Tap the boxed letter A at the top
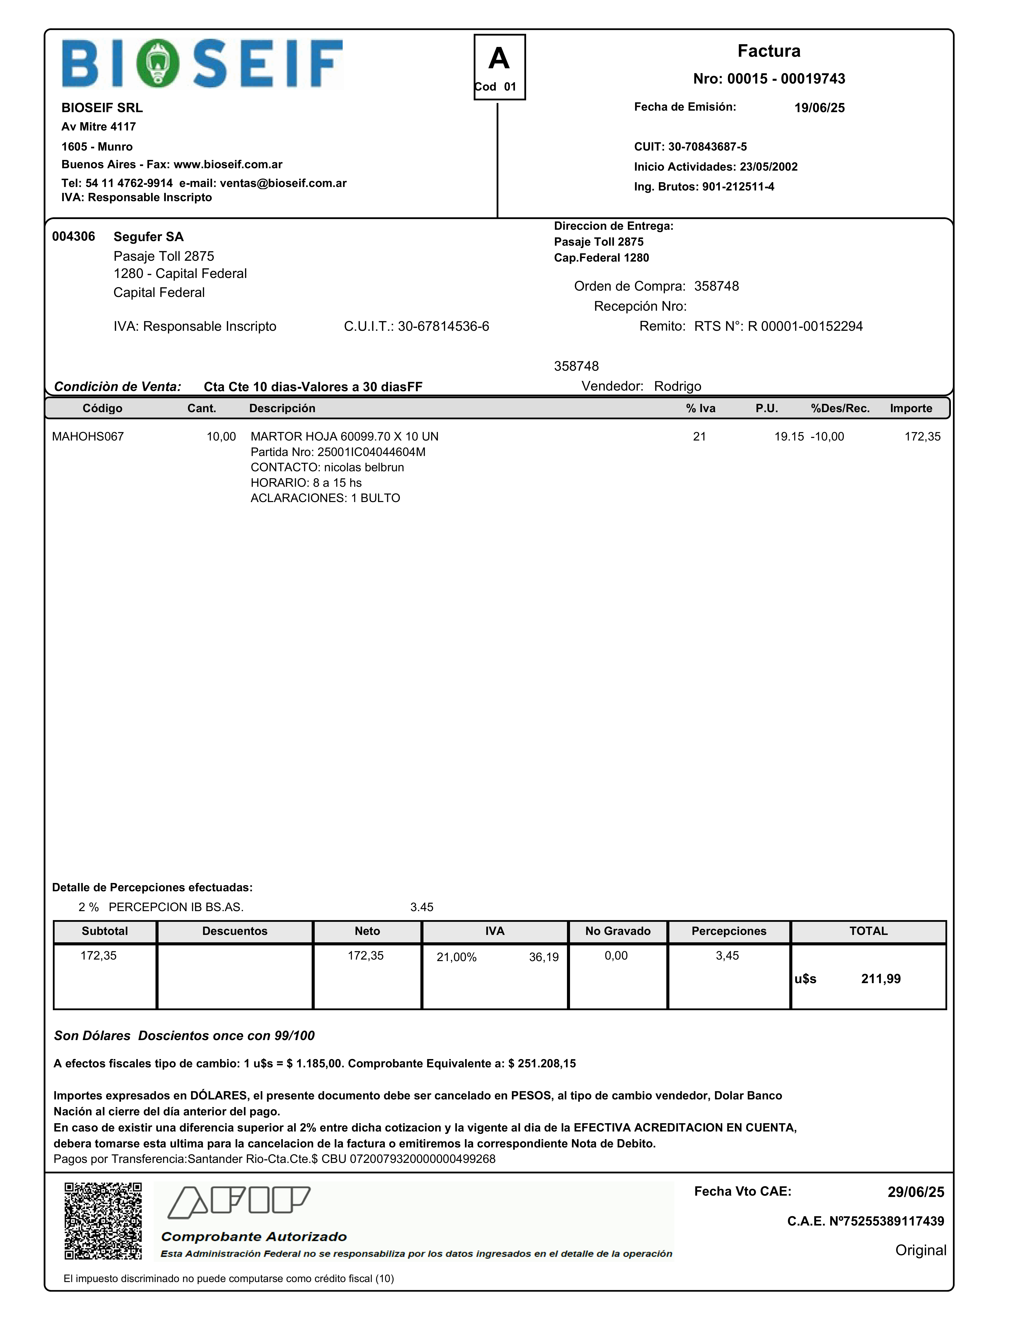499,59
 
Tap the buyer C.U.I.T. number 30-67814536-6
443,326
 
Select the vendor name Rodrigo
677,386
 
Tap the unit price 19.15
789,436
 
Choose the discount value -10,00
828,436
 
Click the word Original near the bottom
921,1250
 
